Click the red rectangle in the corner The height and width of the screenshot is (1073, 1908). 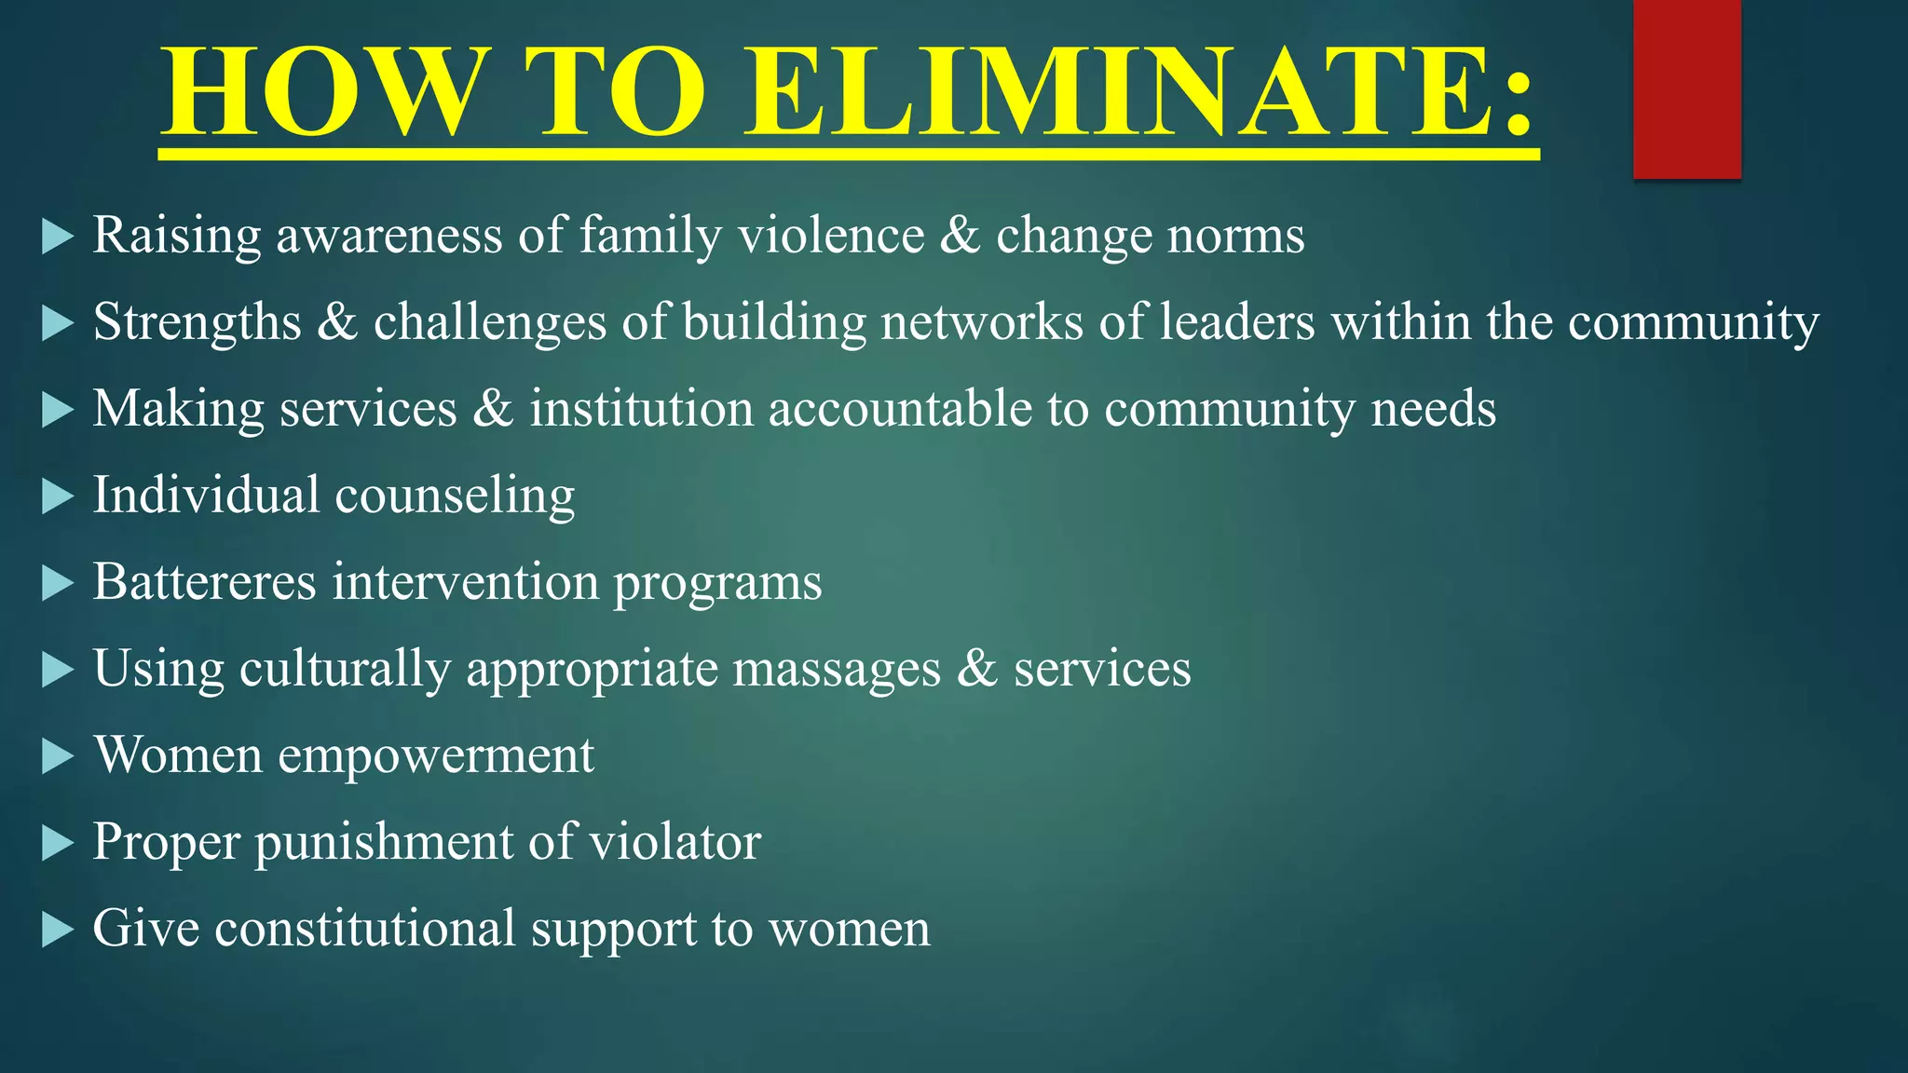click(x=1686, y=88)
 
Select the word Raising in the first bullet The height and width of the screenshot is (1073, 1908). click(x=176, y=237)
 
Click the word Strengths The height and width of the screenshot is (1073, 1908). click(x=198, y=323)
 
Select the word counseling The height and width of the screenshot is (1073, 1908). click(x=455, y=496)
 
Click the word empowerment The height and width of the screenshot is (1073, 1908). click(x=436, y=756)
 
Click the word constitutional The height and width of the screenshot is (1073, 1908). click(x=365, y=929)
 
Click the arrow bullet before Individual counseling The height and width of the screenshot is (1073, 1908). click(x=58, y=496)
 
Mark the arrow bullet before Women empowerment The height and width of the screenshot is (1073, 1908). click(x=58, y=756)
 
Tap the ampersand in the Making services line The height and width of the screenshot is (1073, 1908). click(x=493, y=409)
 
